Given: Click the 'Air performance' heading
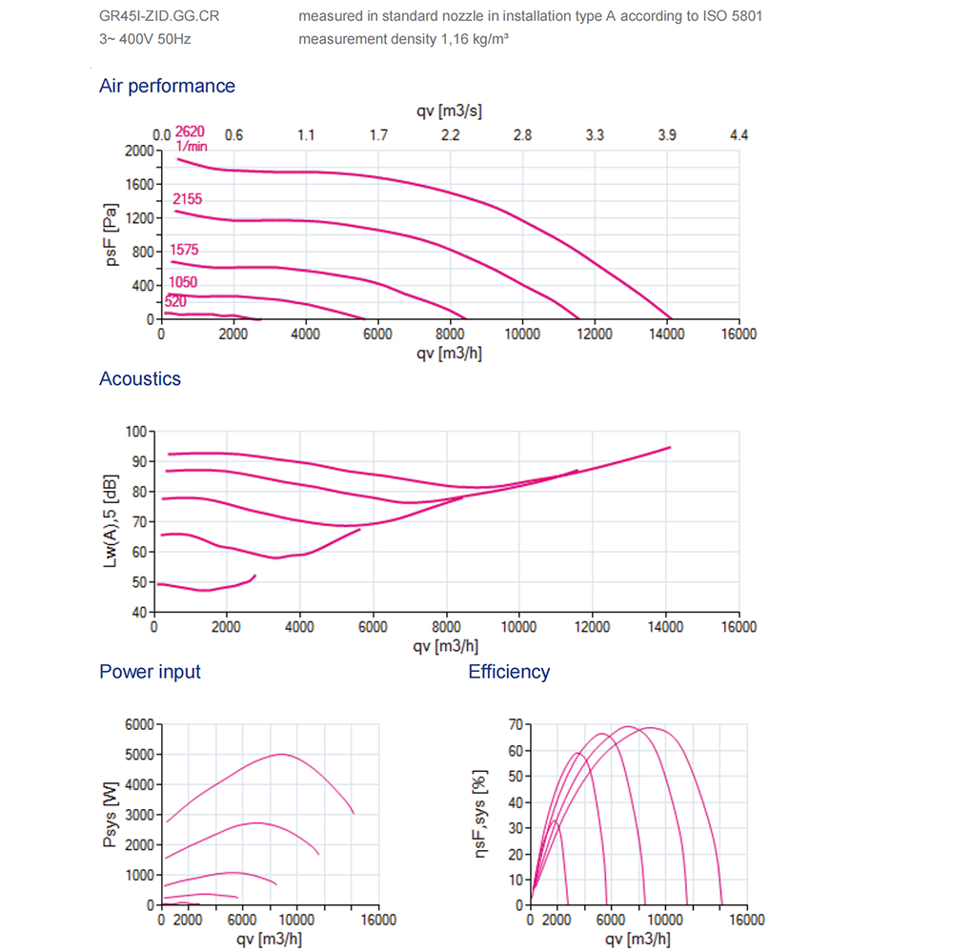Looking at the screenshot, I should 167,86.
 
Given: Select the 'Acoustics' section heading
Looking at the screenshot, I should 140,378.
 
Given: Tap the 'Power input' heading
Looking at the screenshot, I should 150,672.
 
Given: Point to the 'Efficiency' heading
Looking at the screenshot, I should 509,672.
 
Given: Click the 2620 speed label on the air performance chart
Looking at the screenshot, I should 191,132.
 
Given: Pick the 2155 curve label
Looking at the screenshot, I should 187,199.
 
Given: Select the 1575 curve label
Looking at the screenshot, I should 183,251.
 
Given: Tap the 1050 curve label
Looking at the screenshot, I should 182,282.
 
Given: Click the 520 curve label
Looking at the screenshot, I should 175,301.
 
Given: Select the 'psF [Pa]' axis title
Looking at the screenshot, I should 112,235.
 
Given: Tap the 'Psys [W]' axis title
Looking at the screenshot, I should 112,815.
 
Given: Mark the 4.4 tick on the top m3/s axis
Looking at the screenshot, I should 739,135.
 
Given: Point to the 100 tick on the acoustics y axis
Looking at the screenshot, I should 138,432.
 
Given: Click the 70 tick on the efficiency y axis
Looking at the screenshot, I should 516,725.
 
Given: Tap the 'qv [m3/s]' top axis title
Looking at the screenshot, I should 449,111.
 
